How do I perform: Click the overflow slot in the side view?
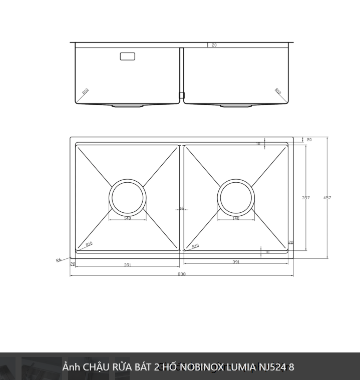click(x=128, y=56)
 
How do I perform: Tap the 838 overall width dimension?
click(x=181, y=274)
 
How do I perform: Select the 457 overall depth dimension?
click(x=327, y=198)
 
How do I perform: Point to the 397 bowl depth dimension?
click(x=305, y=198)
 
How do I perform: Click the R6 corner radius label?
click(x=59, y=260)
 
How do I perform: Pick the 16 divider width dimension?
click(x=181, y=208)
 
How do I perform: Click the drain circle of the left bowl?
click(x=128, y=196)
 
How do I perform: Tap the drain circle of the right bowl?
click(x=236, y=196)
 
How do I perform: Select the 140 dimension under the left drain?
click(x=127, y=218)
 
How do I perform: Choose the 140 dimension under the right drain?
click(x=236, y=218)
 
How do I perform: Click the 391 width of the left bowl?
click(x=127, y=265)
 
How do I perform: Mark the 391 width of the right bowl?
click(x=236, y=262)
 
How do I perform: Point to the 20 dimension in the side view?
click(x=214, y=45)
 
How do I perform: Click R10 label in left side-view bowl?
click(x=85, y=92)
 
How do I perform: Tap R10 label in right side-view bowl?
click(x=278, y=92)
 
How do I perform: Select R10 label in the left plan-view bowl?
click(x=89, y=244)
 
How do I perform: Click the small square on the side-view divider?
click(x=182, y=95)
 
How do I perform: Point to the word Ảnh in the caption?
click(x=71, y=367)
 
